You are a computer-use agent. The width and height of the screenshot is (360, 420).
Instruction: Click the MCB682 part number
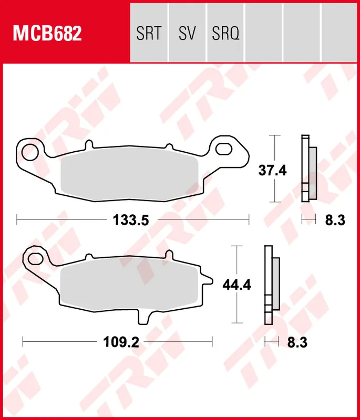47,34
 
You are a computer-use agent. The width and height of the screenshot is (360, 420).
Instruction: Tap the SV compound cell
187,34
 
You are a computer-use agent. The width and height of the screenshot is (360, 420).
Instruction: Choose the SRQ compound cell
226,34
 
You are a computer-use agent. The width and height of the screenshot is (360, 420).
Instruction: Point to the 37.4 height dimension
272,170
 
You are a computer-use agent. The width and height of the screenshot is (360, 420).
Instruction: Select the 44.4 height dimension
236,285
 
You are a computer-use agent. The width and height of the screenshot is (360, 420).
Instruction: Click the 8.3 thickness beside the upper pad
334,220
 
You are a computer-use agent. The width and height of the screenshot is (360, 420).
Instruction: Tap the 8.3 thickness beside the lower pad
297,343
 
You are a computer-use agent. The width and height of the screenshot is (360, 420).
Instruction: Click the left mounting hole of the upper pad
29,149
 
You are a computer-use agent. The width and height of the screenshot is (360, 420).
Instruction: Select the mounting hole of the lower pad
36,258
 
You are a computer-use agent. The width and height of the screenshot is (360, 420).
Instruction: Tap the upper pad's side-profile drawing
309,169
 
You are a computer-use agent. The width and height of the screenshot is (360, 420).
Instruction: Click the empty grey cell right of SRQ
264,34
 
